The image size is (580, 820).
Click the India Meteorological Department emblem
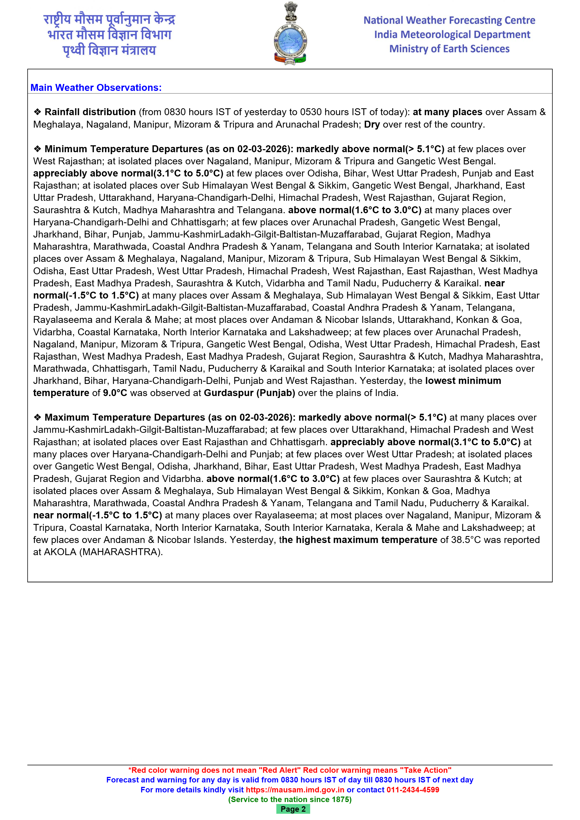pyautogui.click(x=290, y=34)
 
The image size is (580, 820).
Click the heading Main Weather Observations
pyautogui.click(x=96, y=88)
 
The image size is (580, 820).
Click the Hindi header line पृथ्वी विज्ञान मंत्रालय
pyautogui.click(x=109, y=50)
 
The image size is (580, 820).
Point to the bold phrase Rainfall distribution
pyautogui.click(x=90, y=112)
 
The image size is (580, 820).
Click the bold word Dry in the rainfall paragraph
pyautogui.click(x=371, y=125)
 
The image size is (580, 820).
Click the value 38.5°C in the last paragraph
pyautogui.click(x=466, y=540)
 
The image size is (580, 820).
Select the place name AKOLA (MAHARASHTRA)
pyautogui.click(x=103, y=552)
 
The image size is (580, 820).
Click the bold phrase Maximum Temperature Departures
pyautogui.click(x=125, y=418)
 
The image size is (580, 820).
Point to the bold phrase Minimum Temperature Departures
pyautogui.click(x=123, y=149)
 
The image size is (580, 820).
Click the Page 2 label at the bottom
pyautogui.click(x=293, y=809)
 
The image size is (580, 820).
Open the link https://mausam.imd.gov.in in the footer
pyautogui.click(x=295, y=790)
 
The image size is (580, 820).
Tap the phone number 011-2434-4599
pyautogui.click(x=413, y=790)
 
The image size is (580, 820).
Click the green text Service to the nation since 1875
pyautogui.click(x=290, y=799)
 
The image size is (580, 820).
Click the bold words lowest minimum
pyautogui.click(x=463, y=381)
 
